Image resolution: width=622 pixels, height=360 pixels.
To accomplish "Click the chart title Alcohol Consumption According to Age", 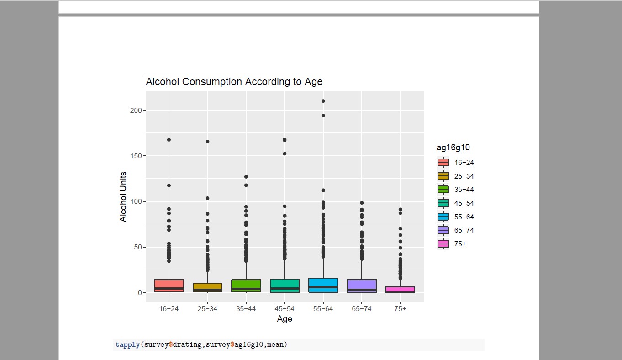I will pos(234,82).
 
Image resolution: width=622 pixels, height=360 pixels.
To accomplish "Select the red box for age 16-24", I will pos(169,286).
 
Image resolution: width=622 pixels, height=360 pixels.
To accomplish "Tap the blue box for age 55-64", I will pos(323,285).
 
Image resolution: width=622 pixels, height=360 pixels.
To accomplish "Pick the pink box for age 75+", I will pos(400,290).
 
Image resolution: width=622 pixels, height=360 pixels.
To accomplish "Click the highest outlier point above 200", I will pos(323,101).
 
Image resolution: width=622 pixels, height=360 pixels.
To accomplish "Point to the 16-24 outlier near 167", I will pos(169,140).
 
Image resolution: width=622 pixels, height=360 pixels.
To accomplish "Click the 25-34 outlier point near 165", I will pos(207,142).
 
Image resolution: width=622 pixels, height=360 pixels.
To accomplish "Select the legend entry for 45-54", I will pos(457,203).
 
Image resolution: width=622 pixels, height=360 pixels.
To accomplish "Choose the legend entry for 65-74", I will pos(457,230).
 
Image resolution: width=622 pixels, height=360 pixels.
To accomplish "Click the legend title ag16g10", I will pos(453,148).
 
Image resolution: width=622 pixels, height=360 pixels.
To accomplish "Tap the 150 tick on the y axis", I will pos(136,156).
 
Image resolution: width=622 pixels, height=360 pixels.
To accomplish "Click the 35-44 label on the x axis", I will pos(246,309).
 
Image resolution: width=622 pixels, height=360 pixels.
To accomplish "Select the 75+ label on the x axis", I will pos(400,309).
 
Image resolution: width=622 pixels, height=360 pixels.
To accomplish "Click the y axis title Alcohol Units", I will pos(123,196).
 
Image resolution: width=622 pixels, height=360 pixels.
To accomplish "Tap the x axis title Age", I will pos(284,319).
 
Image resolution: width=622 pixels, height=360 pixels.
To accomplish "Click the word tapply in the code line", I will pos(128,344).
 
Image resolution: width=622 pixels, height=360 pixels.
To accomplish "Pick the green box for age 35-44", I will pos(246,286).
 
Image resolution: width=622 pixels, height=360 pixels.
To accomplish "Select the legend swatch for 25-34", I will pos(443,176).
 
